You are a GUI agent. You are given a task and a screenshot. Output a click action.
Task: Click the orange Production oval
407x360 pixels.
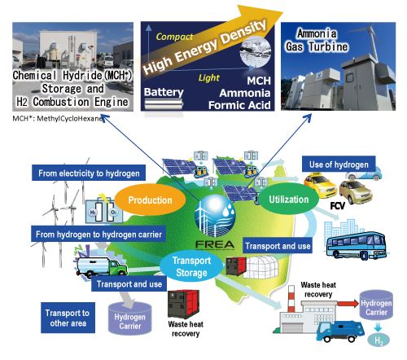[150, 200]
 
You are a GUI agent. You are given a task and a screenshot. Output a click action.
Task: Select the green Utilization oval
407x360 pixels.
[289, 200]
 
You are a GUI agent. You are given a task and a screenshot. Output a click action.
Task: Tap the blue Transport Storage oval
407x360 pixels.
[191, 266]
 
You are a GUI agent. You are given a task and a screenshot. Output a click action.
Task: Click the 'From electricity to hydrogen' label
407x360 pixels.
[89, 173]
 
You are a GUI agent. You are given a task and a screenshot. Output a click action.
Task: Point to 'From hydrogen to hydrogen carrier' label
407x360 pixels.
[98, 234]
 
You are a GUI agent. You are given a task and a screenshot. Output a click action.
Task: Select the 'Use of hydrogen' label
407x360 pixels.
[339, 165]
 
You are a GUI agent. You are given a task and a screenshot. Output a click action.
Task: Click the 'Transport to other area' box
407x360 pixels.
[68, 318]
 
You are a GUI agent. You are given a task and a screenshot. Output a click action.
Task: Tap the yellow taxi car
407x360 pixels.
[320, 185]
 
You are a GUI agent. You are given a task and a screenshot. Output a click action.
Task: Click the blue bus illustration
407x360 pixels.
[357, 246]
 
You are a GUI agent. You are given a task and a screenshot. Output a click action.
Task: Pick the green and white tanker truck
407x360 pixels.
[102, 267]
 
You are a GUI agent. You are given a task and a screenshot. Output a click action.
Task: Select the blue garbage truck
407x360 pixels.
[339, 331]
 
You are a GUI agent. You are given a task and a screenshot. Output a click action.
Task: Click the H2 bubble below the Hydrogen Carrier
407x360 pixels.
[379, 340]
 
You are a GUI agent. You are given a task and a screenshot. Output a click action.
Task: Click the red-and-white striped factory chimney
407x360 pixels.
[291, 299]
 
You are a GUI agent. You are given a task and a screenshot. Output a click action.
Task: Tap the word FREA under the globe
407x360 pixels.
[215, 244]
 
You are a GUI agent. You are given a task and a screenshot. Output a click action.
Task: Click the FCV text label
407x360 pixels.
[337, 206]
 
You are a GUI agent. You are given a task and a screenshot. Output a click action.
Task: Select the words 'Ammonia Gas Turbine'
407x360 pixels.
[317, 40]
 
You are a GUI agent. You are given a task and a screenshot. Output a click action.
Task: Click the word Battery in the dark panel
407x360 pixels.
[164, 92]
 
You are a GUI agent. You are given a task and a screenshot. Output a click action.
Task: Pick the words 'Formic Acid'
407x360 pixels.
[239, 105]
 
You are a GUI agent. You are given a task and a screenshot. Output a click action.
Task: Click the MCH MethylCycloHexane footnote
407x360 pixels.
[58, 118]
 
